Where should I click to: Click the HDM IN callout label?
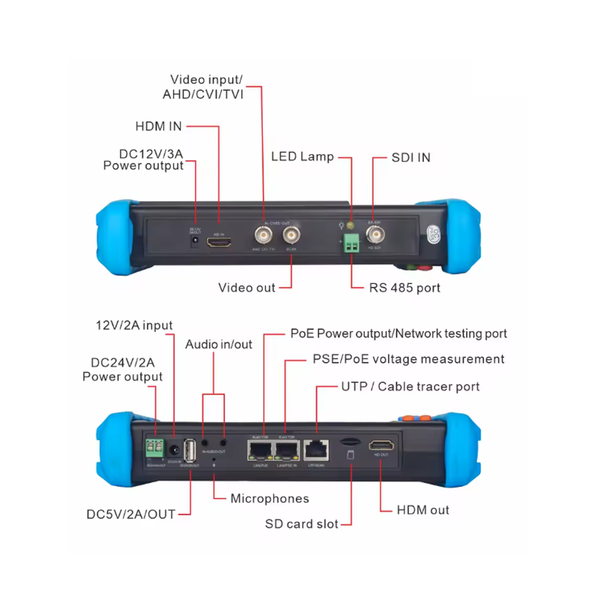click(x=158, y=126)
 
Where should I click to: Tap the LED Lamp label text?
click(x=302, y=157)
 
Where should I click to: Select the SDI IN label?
click(x=411, y=157)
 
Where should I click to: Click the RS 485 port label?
click(x=405, y=287)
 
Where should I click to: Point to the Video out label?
click(x=247, y=287)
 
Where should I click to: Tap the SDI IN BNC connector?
click(x=375, y=236)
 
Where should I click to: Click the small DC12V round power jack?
click(x=195, y=242)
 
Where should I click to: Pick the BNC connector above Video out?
click(x=291, y=235)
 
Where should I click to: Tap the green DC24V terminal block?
click(x=155, y=448)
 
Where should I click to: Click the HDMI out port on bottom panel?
click(x=381, y=446)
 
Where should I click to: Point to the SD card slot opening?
click(x=350, y=443)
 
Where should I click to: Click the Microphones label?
click(x=269, y=498)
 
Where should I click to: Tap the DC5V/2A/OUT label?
click(x=131, y=514)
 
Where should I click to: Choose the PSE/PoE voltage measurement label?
click(x=409, y=359)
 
